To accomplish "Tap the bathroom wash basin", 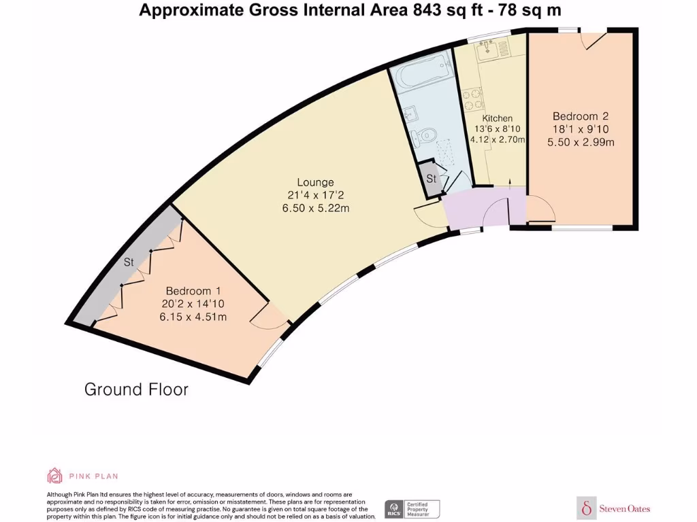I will click(x=410, y=116).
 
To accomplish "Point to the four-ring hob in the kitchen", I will click(x=470, y=100).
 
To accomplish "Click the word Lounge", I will click(x=315, y=182).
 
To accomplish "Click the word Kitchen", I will click(x=498, y=118).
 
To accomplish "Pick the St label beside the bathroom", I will click(x=432, y=179).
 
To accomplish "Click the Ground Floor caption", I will click(x=136, y=389).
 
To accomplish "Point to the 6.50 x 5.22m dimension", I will click(x=316, y=208).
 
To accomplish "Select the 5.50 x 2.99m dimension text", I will click(x=581, y=142).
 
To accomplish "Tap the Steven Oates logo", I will click(x=613, y=508).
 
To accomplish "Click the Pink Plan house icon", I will click(x=54, y=475).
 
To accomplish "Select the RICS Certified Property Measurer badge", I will click(x=412, y=508).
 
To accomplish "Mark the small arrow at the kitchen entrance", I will click(x=510, y=181).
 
